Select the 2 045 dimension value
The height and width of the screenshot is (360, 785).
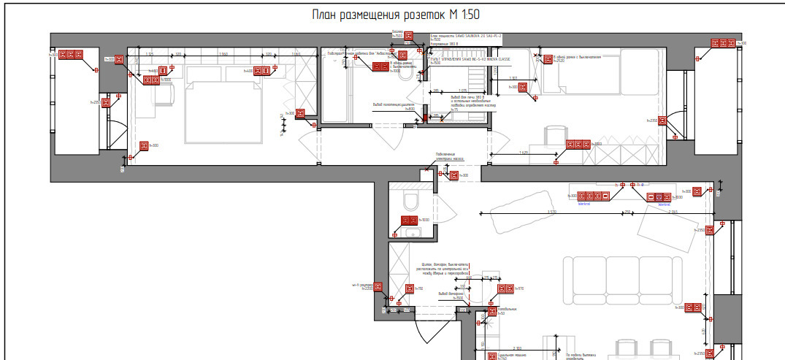click(673, 212)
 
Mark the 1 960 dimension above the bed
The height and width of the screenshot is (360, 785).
click(223, 54)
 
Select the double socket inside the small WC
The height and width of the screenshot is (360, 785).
click(409, 221)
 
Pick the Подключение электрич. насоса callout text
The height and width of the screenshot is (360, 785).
click(450, 156)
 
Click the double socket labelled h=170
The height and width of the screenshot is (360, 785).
click(505, 289)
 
